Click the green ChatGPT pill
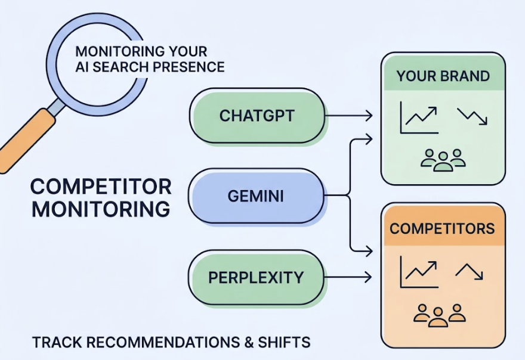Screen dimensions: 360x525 coord(257,116)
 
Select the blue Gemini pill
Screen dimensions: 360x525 coord(257,195)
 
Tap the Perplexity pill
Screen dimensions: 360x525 coord(256,277)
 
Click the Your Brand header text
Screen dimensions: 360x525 coord(443,76)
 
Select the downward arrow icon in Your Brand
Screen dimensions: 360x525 coord(472,116)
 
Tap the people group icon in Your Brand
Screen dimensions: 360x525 coord(443,160)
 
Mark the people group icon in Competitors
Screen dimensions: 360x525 coord(439,315)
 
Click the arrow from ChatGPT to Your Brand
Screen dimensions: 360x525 coord(349,116)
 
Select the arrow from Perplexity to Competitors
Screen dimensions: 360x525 coord(349,277)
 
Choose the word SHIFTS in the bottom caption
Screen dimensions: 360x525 coord(285,343)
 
